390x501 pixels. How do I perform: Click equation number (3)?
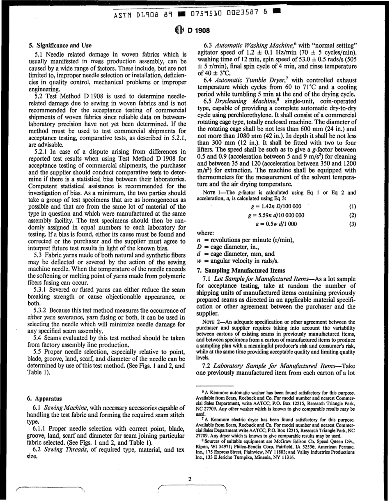tap(353, 224)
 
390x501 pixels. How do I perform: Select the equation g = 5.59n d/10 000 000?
tap(276, 215)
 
